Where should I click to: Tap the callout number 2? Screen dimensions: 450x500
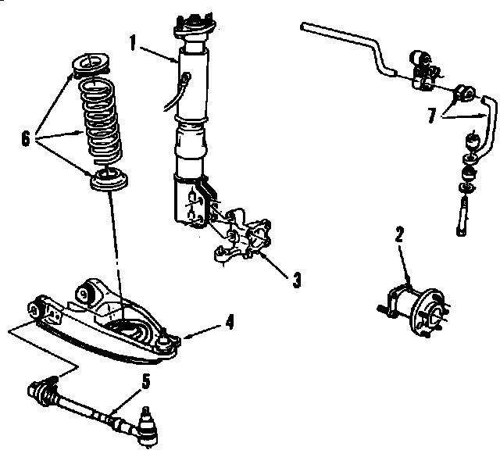[x=398, y=233]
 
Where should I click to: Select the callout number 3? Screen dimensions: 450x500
[x=298, y=279]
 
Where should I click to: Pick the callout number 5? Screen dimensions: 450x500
[x=145, y=381]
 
